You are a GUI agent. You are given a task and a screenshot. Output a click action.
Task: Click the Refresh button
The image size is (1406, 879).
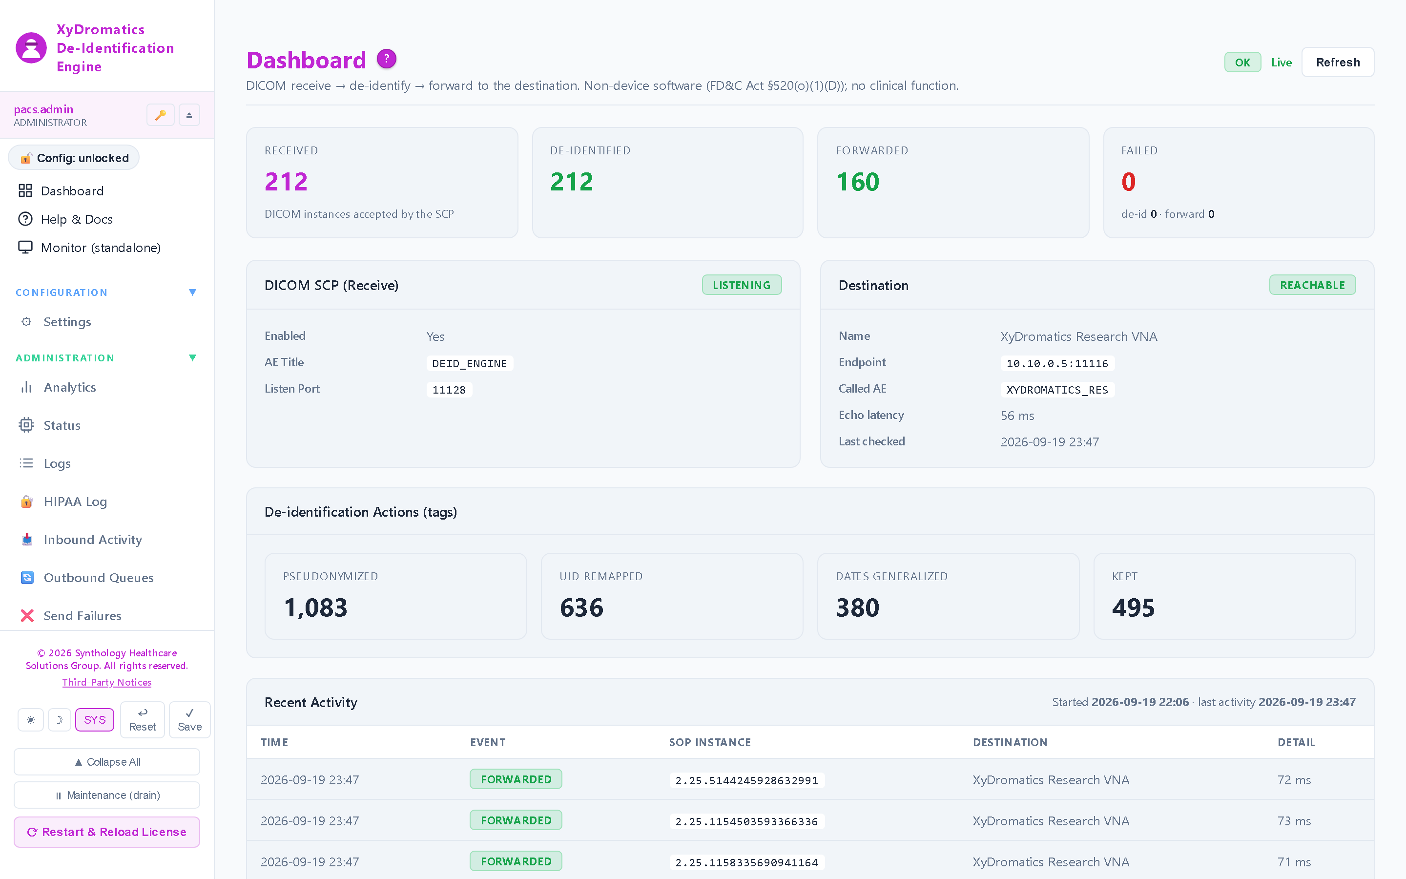click(1338, 62)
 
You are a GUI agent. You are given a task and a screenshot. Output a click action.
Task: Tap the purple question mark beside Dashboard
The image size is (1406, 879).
click(386, 59)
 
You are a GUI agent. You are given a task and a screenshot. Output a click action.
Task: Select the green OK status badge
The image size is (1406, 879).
click(1242, 62)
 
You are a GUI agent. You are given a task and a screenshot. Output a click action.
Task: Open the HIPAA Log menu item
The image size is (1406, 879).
click(75, 501)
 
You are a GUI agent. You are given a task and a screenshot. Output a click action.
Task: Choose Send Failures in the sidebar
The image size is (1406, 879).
click(82, 616)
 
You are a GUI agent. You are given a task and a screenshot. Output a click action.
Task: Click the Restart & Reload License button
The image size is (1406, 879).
click(107, 832)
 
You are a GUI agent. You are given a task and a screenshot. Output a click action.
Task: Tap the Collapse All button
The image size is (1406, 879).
click(107, 762)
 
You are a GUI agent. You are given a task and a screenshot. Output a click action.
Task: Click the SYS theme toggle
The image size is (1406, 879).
click(95, 720)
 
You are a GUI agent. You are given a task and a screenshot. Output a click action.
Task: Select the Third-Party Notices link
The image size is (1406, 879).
click(107, 682)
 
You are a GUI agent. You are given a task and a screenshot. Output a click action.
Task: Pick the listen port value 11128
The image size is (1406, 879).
click(449, 390)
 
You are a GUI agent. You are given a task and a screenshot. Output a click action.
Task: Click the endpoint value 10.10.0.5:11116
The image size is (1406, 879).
click(1057, 363)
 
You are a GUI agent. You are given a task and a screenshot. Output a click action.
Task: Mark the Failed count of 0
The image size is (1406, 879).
click(1128, 182)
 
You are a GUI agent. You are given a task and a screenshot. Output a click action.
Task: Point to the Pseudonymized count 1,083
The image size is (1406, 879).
click(315, 608)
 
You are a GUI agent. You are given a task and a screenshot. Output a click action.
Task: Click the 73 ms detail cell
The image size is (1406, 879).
click(1294, 821)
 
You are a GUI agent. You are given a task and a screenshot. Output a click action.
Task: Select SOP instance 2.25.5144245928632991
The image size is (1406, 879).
click(746, 780)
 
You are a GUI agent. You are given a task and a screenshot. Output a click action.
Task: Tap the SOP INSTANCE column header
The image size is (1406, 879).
click(709, 742)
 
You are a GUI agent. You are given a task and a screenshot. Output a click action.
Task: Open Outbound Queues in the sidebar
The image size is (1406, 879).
click(98, 577)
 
